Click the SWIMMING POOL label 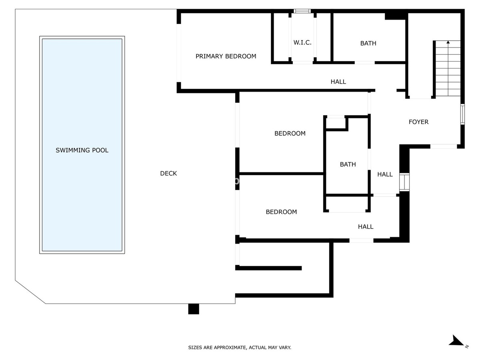[82, 150]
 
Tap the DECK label [168, 173]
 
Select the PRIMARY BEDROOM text [226, 56]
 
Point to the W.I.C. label [302, 42]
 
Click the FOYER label [418, 122]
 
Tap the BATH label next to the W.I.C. [368, 43]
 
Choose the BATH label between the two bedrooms [348, 164]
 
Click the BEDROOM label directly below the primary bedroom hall [290, 133]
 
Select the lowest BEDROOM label [281, 212]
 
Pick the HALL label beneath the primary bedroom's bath [338, 82]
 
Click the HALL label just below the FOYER [385, 174]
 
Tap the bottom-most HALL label [366, 227]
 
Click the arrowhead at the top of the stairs [448, 42]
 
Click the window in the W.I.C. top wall [302, 11]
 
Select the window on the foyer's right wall [462, 114]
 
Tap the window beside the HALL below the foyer [404, 182]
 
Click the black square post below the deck [194, 309]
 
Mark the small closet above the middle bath [336, 124]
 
